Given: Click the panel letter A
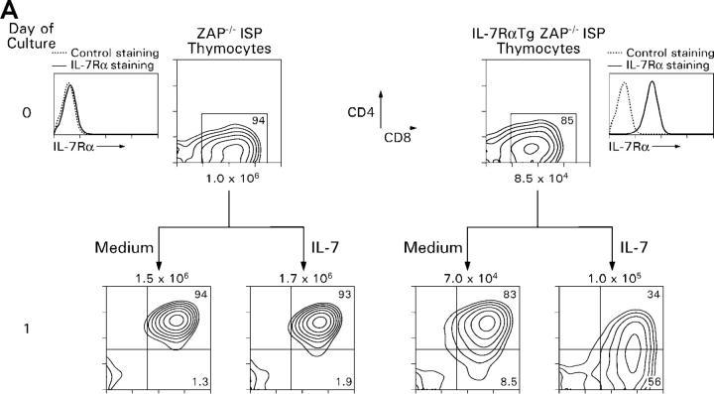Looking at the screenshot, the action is tap(9, 9).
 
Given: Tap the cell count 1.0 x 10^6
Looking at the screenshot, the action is tap(233, 178).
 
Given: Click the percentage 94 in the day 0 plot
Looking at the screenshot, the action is tap(257, 120).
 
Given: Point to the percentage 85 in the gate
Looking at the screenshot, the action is tap(567, 120).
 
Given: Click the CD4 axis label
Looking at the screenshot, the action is tap(361, 112).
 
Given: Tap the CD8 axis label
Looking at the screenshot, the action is tap(397, 137).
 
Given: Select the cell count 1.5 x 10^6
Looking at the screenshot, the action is tap(162, 278).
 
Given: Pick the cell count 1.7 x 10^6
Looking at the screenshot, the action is tap(305, 278).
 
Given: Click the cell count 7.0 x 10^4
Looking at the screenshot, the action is tap(469, 278).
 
